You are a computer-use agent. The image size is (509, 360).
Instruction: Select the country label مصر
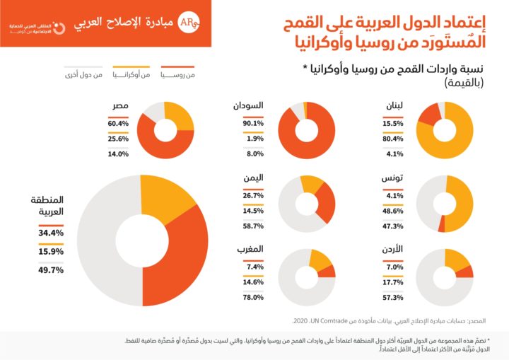(119, 106)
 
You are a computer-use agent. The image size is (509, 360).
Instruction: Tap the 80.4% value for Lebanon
(394, 139)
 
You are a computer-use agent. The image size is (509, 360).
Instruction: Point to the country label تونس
(392, 179)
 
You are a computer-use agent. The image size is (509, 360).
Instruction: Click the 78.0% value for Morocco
(254, 297)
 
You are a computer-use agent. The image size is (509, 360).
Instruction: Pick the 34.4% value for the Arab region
(51, 233)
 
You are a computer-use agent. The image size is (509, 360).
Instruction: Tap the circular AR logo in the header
(187, 21)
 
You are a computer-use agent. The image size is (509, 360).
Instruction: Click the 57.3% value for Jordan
(394, 298)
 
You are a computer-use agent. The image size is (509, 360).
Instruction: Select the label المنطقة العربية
(48, 206)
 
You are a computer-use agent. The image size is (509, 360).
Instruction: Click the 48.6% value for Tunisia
(394, 211)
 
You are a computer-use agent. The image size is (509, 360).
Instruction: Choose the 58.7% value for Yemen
(254, 226)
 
